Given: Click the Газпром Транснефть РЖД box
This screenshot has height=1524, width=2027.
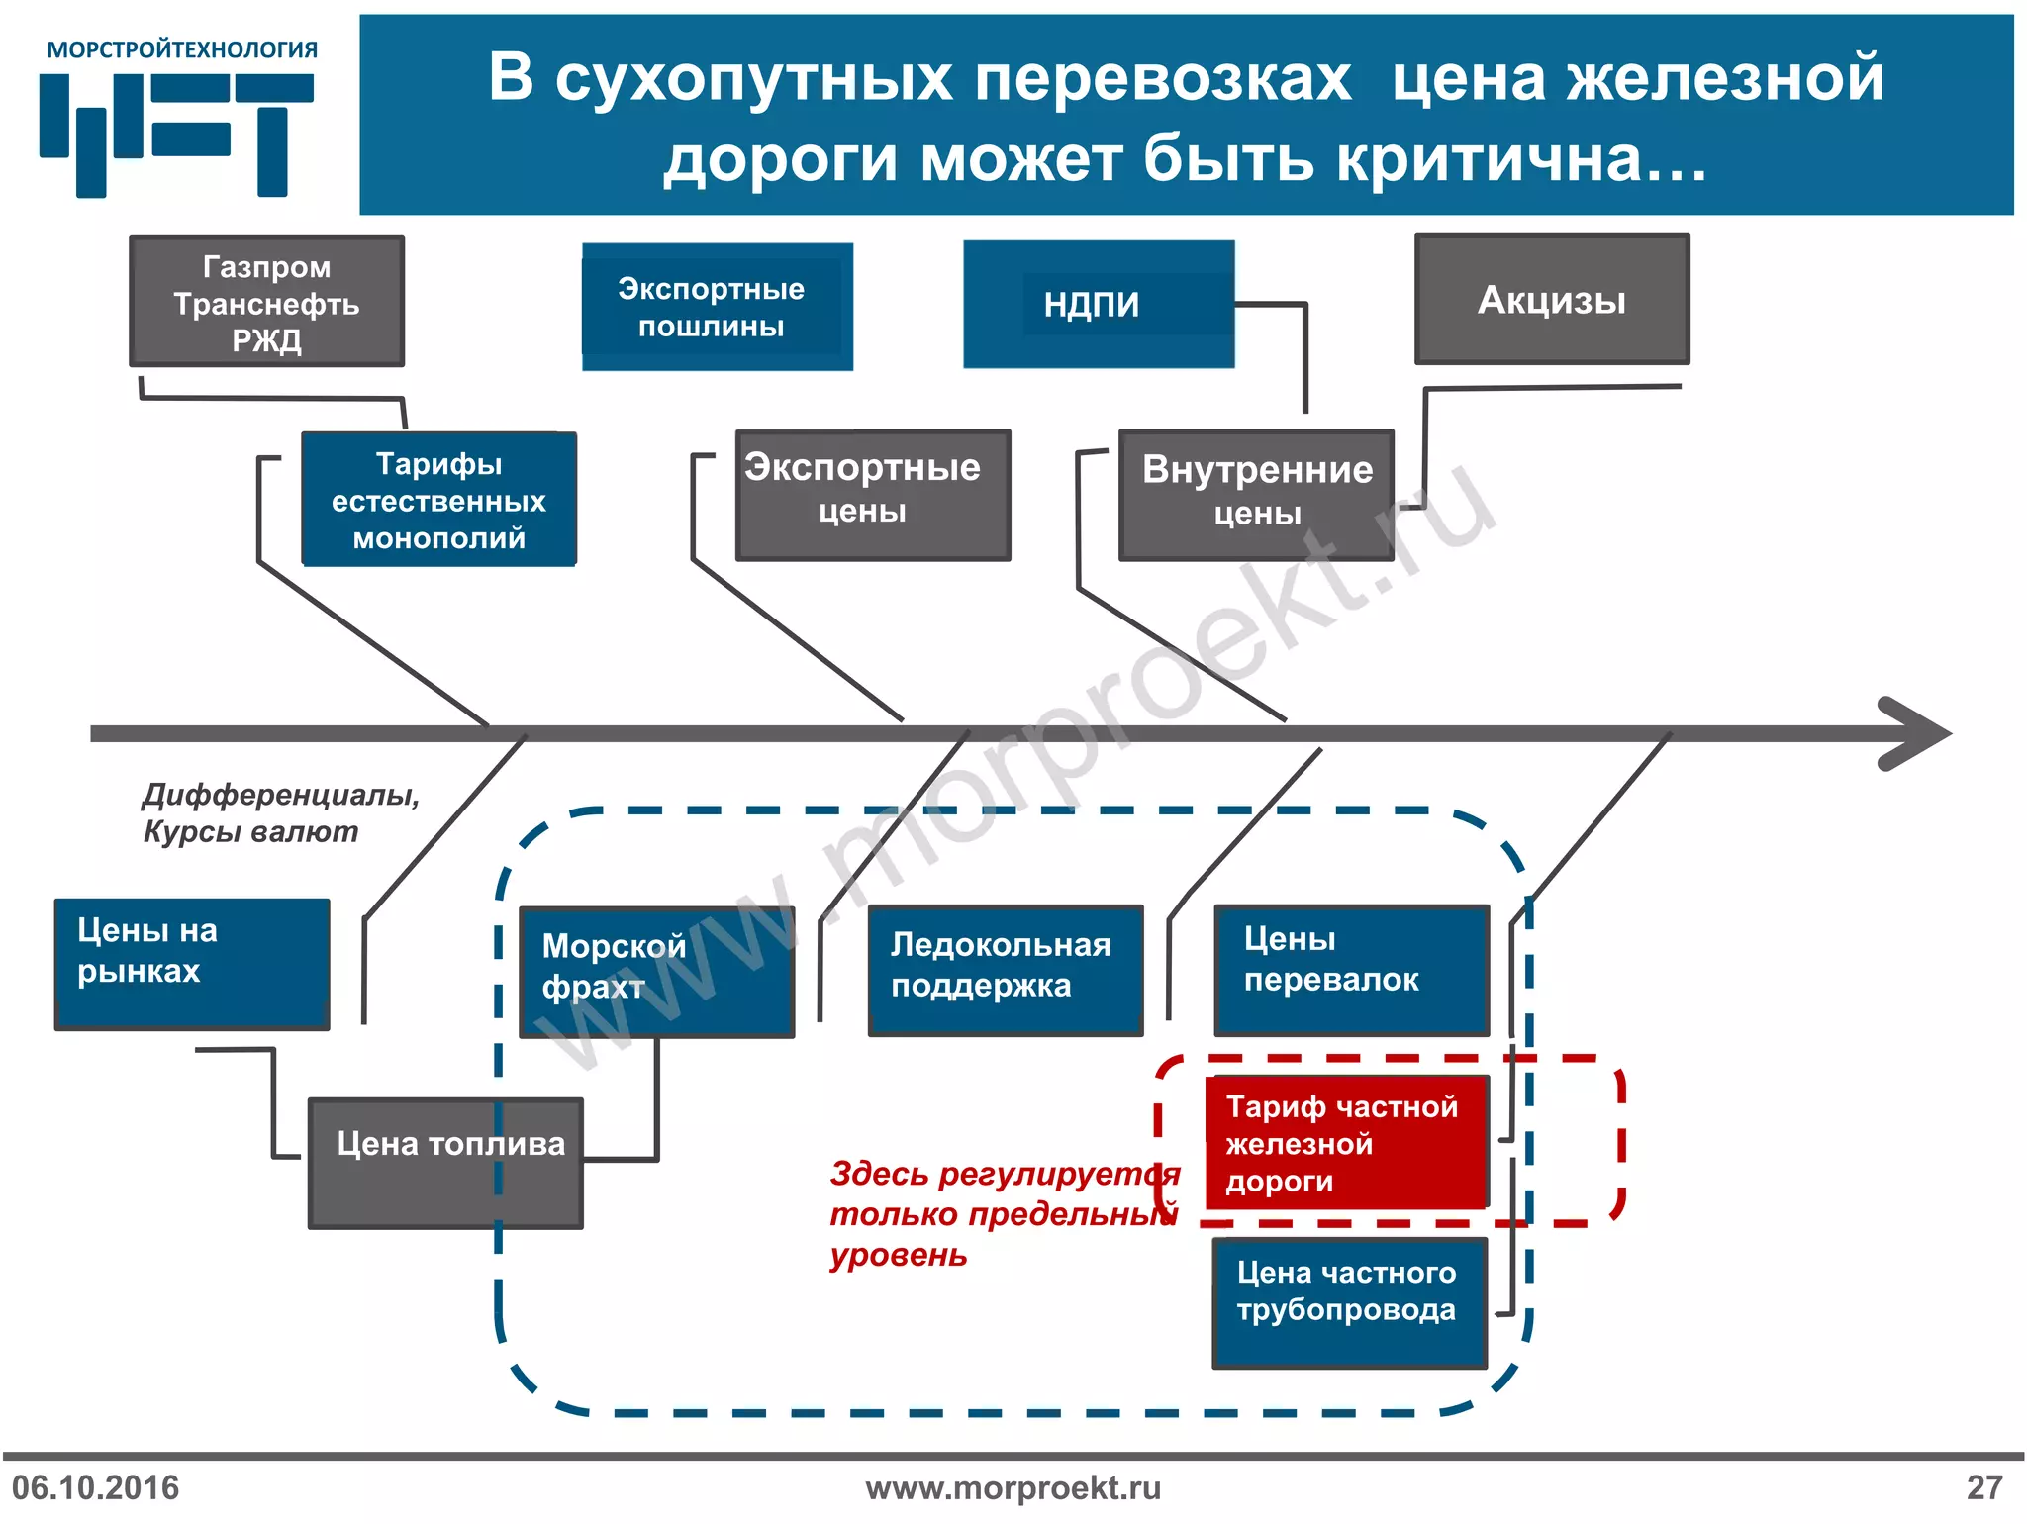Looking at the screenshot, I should [x=266, y=302].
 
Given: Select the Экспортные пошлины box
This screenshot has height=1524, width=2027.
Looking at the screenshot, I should [x=717, y=307].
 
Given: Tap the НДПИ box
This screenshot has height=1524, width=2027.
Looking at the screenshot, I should [x=1098, y=304].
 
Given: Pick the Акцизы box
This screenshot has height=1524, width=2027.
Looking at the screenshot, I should [x=1551, y=300].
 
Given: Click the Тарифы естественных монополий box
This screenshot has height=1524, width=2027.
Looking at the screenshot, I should [x=438, y=500].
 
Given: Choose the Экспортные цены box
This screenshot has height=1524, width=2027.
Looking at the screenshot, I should [x=872, y=495].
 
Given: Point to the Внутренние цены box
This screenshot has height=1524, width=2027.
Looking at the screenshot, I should [x=1255, y=495].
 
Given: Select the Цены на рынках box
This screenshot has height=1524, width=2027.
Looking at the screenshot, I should [x=191, y=964].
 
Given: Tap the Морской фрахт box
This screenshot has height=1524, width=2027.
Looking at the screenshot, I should [x=656, y=972].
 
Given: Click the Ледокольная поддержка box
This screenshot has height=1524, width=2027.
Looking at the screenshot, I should [x=1005, y=970].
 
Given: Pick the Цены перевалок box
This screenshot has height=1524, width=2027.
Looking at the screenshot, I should [x=1351, y=970].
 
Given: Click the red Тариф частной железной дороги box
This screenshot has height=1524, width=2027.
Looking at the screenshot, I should [x=1346, y=1143].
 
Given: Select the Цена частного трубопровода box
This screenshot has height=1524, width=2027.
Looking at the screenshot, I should [x=1349, y=1302].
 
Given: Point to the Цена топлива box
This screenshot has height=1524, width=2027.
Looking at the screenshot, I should [x=445, y=1163].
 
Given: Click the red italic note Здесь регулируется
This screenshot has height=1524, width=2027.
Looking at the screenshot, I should [x=1000, y=1213].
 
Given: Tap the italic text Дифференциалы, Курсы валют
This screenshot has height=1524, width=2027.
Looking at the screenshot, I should [x=280, y=812].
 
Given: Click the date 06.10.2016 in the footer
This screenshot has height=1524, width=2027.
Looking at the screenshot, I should [x=96, y=1487].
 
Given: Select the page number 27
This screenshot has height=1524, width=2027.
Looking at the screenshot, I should [x=1983, y=1487].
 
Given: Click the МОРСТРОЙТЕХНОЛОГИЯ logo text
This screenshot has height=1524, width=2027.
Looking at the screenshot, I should [x=182, y=49].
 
